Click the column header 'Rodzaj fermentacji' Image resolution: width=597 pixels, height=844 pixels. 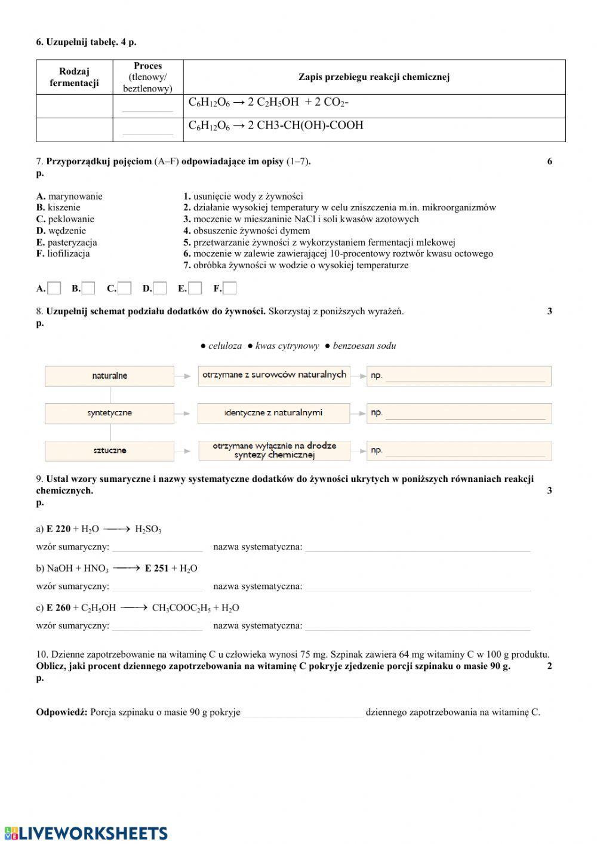74,77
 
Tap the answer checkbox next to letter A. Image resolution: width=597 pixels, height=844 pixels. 54,289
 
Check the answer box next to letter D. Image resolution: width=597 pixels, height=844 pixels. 160,289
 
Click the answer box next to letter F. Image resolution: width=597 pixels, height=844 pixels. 230,289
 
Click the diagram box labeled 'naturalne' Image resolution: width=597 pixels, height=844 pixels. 110,376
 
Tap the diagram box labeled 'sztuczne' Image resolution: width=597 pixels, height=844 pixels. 110,450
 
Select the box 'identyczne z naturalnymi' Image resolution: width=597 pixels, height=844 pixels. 273,413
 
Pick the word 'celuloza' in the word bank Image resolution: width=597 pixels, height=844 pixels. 225,346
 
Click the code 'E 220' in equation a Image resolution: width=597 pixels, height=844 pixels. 59,529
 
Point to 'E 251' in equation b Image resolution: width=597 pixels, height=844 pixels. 157,568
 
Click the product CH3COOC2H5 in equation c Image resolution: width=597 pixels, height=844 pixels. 181,608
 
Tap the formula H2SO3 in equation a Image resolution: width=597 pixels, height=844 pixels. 148,529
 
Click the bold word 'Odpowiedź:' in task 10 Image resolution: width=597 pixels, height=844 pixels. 61,712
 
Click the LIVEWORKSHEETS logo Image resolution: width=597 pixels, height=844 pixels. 86,833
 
